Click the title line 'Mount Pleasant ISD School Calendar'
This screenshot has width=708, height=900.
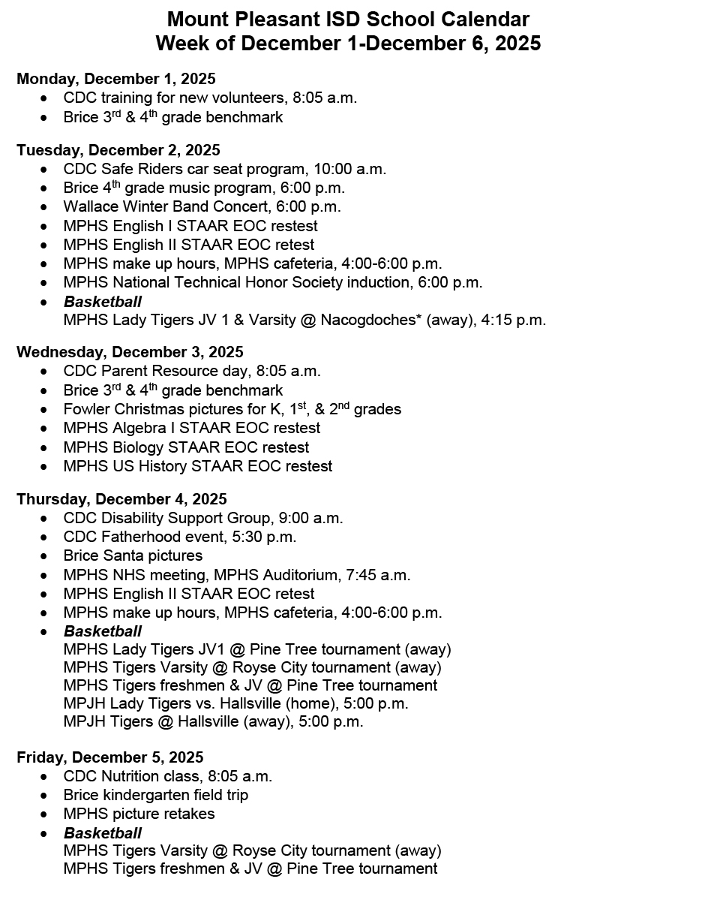(348, 20)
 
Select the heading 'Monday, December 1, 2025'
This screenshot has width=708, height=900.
(116, 79)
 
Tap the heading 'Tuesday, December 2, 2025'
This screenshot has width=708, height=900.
(118, 150)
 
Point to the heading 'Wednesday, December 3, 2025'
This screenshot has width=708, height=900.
(130, 352)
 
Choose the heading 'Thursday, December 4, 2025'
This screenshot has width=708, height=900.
(121, 499)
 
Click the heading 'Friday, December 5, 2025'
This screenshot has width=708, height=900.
(110, 757)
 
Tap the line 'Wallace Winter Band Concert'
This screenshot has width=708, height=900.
(202, 206)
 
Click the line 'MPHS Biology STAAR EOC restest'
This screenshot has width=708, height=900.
(186, 447)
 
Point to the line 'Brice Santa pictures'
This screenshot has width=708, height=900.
(133, 555)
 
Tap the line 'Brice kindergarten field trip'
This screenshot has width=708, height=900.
(156, 795)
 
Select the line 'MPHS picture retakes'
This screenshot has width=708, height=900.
(139, 814)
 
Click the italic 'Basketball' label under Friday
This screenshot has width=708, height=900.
(103, 832)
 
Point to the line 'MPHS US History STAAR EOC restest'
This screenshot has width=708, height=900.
(198, 466)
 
